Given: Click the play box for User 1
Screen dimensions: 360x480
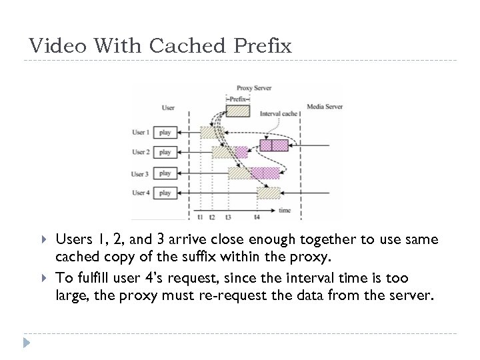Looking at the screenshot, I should pos(165,131).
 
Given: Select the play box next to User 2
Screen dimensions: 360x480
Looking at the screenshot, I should pos(165,152).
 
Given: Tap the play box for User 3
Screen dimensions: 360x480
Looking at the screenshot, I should pos(165,173).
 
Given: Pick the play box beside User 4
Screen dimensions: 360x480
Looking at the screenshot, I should pos(165,193).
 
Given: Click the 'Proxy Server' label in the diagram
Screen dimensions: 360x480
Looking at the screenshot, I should pos(254,88).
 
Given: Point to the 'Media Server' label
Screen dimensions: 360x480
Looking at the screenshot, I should pos(324,106).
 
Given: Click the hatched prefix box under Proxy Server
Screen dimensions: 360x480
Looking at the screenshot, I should pos(238,111).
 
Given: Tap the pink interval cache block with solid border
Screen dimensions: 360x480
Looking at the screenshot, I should pos(274,145).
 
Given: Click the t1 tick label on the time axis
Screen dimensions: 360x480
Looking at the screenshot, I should pos(201,217).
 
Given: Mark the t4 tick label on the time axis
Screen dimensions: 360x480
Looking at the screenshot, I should pos(257,217).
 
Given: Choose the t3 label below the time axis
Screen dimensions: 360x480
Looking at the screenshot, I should pos(229,217).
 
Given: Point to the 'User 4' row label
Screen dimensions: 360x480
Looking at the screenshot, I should pos(140,193).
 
